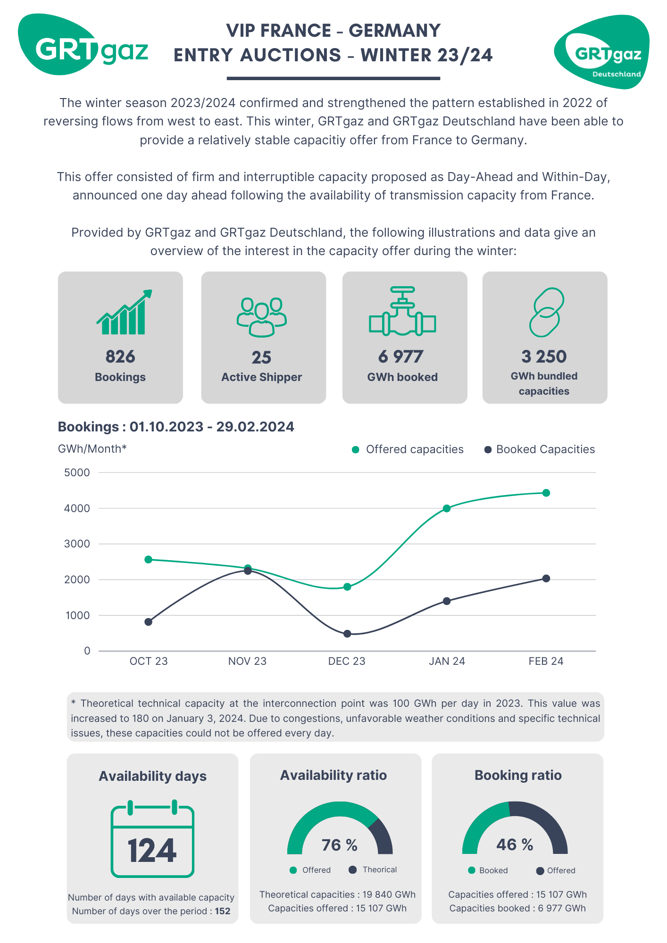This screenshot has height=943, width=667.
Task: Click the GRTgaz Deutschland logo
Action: click(x=602, y=52)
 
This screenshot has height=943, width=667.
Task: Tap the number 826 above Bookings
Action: click(x=120, y=356)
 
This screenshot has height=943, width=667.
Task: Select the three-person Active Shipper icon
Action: click(x=262, y=317)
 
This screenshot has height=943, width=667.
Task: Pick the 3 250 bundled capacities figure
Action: click(x=544, y=356)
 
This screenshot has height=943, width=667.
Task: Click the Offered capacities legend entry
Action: click(x=408, y=449)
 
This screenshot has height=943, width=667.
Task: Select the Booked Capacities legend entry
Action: click(x=540, y=449)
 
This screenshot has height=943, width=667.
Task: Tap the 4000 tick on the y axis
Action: click(x=77, y=508)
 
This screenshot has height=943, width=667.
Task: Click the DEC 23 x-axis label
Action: click(x=347, y=661)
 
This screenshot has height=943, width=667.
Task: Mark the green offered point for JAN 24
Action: click(x=447, y=508)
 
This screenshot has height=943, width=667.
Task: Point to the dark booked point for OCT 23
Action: click(x=148, y=622)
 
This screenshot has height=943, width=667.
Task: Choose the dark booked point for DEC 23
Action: click(x=347, y=634)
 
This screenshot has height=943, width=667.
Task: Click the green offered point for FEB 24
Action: click(x=546, y=493)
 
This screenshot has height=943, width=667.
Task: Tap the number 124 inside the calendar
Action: click(x=152, y=851)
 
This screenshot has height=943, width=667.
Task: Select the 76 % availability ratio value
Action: click(x=340, y=845)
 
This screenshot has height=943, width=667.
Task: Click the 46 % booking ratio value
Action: click(x=515, y=844)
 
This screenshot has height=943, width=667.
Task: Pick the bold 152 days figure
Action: click(x=223, y=911)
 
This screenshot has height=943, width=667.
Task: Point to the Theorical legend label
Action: click(x=379, y=869)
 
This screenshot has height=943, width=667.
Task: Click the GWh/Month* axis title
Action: click(x=92, y=449)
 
